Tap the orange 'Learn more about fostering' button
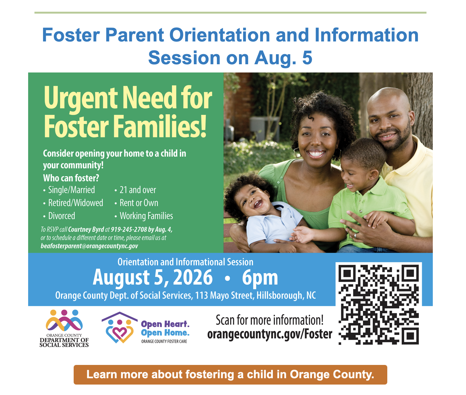[x=230, y=374]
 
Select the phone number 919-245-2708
[x=129, y=229]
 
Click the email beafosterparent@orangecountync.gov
[x=89, y=246]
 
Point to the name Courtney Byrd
[x=86, y=229]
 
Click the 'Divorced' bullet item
[x=59, y=216]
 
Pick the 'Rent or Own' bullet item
[x=137, y=203]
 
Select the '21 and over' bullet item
[x=136, y=190]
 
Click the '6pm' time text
[x=260, y=278]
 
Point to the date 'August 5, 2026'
[x=153, y=278]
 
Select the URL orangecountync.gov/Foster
[x=270, y=334]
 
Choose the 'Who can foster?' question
[x=71, y=178]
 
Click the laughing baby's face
[x=254, y=200]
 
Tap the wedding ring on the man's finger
[x=356, y=235]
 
